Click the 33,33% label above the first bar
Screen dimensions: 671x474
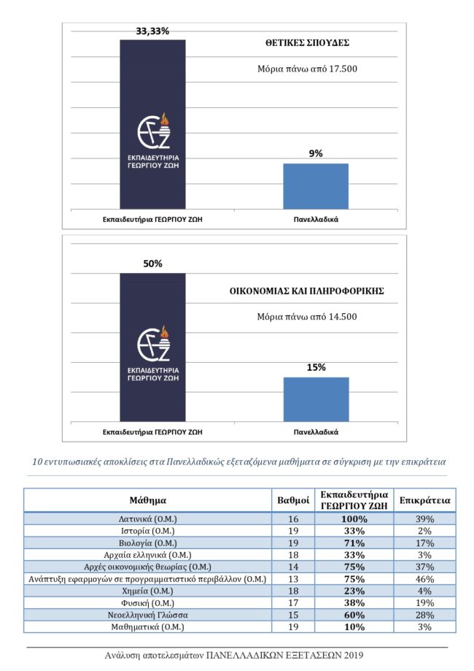[152, 31]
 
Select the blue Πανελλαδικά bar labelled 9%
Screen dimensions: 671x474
[316, 186]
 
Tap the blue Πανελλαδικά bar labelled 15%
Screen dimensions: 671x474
[316, 399]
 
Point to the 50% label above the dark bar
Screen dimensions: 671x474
[152, 264]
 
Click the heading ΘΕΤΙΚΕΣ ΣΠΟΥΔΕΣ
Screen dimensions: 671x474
[307, 43]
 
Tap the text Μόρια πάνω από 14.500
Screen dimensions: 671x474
[306, 317]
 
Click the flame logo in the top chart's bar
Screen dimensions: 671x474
[153, 131]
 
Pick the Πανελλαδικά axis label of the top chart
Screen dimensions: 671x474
[316, 218]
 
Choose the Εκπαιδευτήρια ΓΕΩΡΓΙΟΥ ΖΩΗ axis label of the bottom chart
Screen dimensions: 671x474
[152, 432]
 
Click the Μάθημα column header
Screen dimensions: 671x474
[148, 500]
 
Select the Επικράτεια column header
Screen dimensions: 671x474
[425, 500]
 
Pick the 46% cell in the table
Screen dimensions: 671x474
[425, 579]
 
